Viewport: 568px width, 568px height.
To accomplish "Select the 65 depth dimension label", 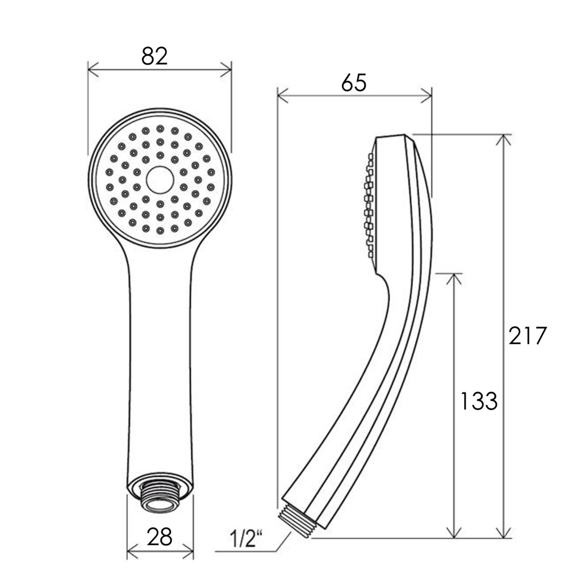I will click(354, 83).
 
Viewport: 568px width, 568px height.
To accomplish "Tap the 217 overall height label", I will click(528, 336).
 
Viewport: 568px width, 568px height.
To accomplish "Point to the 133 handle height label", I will click(478, 401).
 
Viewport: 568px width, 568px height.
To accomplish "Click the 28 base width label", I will click(160, 536).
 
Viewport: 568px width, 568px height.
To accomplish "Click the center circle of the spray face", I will click(160, 179).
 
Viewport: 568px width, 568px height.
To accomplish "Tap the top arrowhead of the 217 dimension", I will click(503, 139).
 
